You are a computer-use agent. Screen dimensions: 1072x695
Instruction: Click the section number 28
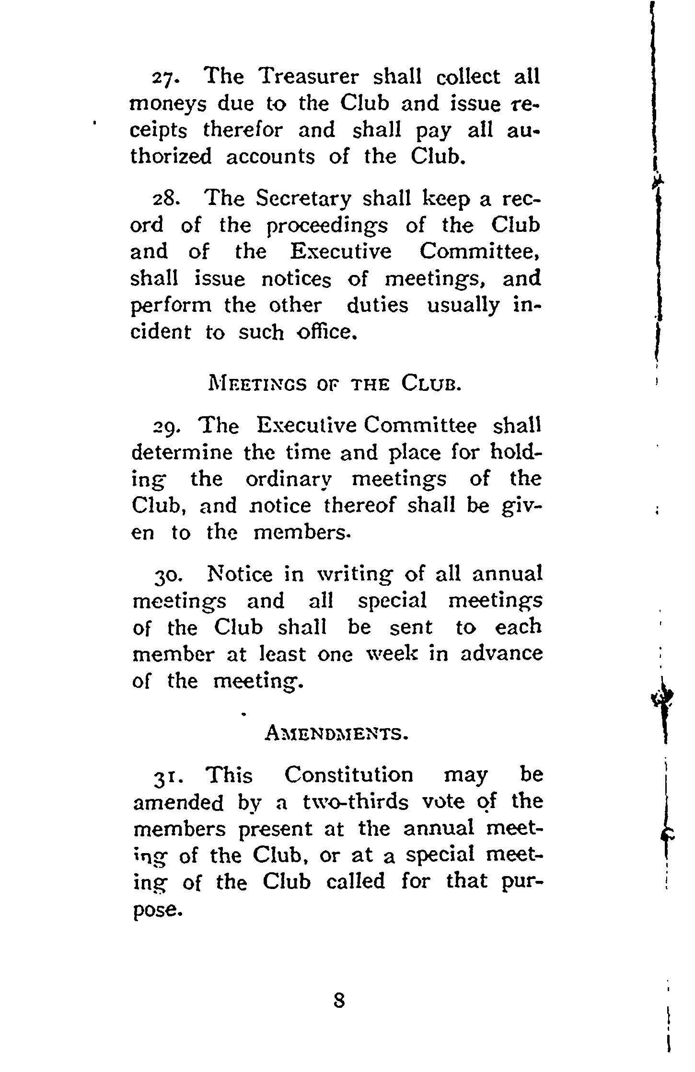click(x=163, y=199)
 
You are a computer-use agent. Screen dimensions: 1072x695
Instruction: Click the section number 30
click(x=165, y=575)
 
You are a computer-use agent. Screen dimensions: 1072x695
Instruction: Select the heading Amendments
click(x=336, y=733)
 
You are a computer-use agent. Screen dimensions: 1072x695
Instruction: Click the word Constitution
click(x=348, y=775)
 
